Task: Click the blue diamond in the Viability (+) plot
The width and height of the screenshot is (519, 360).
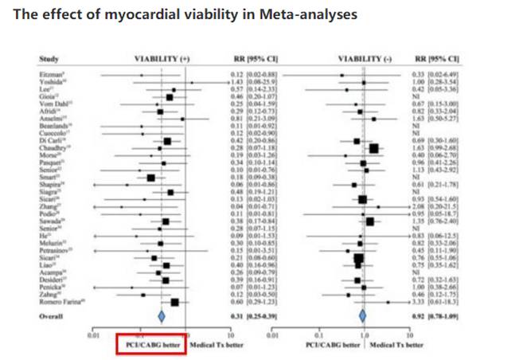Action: click(x=161, y=316)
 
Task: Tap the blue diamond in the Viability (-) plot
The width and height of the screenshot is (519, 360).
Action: click(x=363, y=316)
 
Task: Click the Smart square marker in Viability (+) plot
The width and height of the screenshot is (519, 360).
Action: click(x=151, y=177)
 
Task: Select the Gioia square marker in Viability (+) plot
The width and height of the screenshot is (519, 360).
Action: click(x=170, y=96)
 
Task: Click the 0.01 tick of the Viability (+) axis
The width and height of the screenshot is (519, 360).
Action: click(x=93, y=334)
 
